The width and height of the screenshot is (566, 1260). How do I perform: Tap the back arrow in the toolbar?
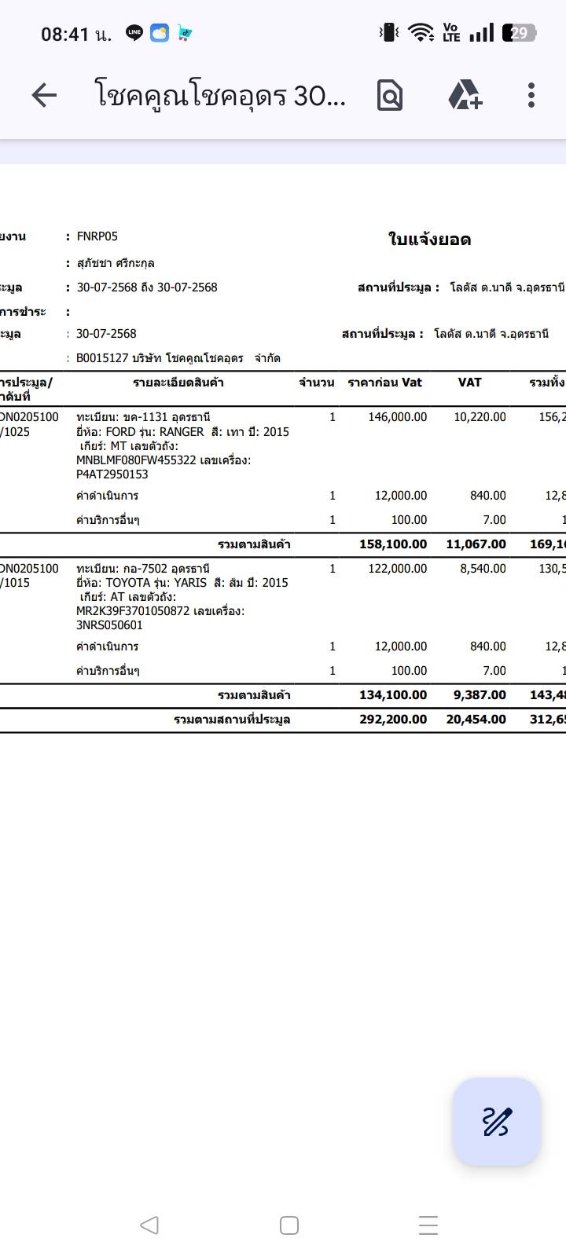click(x=44, y=96)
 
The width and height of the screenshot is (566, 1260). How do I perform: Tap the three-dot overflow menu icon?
click(x=531, y=95)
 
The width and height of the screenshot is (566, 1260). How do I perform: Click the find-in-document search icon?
click(x=390, y=96)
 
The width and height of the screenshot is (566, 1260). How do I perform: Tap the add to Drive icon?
click(x=465, y=95)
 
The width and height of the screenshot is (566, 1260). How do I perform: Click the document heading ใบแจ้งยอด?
click(x=429, y=240)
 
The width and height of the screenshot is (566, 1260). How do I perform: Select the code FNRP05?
click(x=97, y=236)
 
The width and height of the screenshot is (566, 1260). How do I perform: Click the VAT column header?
click(x=469, y=383)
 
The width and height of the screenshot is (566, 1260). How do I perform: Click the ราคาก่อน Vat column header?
click(x=384, y=383)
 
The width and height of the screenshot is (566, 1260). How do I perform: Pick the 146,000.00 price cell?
click(x=397, y=417)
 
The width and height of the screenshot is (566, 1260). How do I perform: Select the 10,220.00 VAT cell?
click(x=480, y=417)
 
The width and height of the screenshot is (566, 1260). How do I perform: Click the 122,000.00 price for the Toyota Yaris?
click(x=397, y=569)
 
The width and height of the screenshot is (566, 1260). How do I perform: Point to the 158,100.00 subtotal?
click(x=393, y=544)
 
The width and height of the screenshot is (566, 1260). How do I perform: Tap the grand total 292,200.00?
click(x=393, y=720)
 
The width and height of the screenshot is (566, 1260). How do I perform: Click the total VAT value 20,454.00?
click(x=476, y=720)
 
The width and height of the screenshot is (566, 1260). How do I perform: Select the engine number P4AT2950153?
click(x=112, y=474)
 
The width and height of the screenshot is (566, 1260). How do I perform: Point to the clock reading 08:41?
click(x=65, y=34)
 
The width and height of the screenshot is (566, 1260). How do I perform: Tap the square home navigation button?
click(x=289, y=1225)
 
